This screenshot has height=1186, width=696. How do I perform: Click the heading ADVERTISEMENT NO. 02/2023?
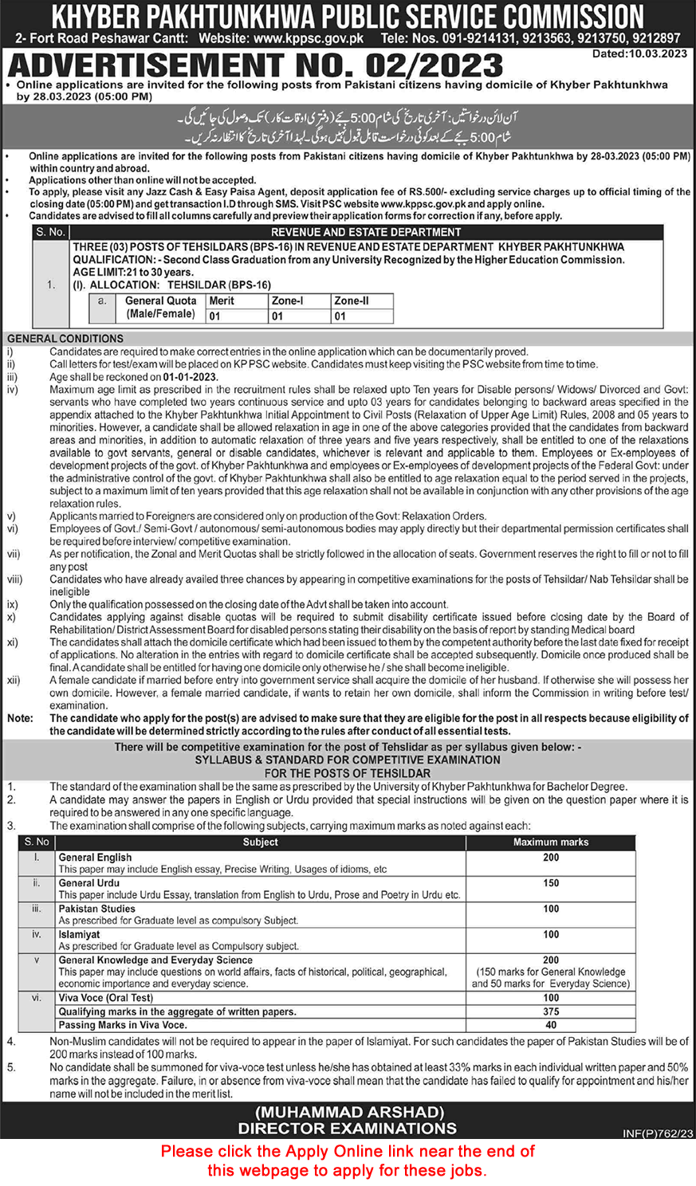click(255, 65)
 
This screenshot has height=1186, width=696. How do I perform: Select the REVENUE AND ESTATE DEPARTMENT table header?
click(366, 232)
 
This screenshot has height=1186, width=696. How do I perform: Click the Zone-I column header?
click(288, 300)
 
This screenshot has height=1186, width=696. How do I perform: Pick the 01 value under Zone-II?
click(340, 316)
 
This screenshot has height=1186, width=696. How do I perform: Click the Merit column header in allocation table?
click(222, 300)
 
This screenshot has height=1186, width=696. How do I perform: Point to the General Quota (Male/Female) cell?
click(159, 308)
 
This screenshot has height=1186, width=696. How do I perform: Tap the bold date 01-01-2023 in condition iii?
click(191, 377)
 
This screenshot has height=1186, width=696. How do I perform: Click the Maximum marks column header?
click(550, 842)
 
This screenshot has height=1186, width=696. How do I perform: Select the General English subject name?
click(96, 858)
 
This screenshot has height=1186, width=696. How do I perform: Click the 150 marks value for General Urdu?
click(551, 883)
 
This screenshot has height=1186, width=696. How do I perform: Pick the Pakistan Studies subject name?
click(97, 909)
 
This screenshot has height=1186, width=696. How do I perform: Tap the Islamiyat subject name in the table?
click(79, 934)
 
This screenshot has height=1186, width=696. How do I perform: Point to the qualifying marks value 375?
click(551, 1011)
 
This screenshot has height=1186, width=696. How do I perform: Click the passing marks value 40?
click(551, 1025)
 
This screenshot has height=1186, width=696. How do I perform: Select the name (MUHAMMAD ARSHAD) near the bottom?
click(348, 1112)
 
